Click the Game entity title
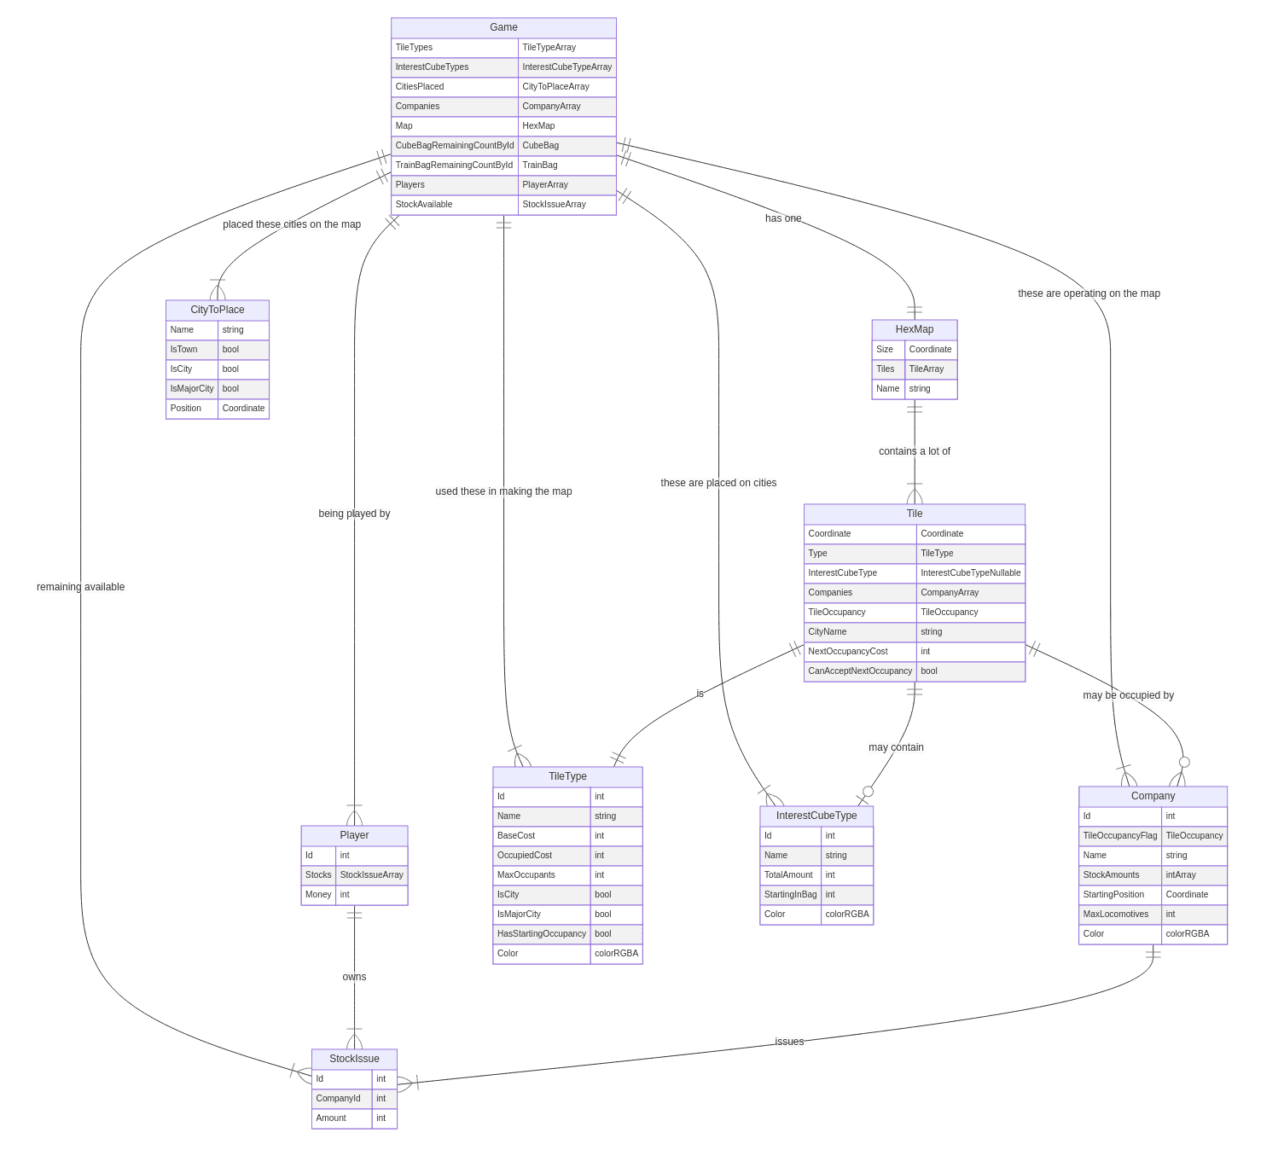(503, 27)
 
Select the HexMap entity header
(914, 329)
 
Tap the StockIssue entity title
(354, 1058)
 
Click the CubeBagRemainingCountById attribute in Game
(455, 145)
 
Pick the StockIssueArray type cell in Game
(554, 204)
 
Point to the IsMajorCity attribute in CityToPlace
(191, 388)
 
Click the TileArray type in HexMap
(926, 369)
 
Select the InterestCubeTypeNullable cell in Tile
(970, 572)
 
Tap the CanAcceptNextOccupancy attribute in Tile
(859, 671)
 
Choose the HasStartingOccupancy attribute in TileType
(541, 933)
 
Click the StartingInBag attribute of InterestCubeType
(790, 894)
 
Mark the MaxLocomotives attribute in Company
(1115, 914)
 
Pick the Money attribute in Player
(318, 894)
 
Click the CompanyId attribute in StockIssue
(338, 1098)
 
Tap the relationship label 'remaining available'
(80, 586)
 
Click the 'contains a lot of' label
(914, 450)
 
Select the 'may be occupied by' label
(1128, 694)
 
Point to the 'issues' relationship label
(789, 1042)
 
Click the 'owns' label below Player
(354, 976)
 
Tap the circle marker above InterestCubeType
(868, 791)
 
